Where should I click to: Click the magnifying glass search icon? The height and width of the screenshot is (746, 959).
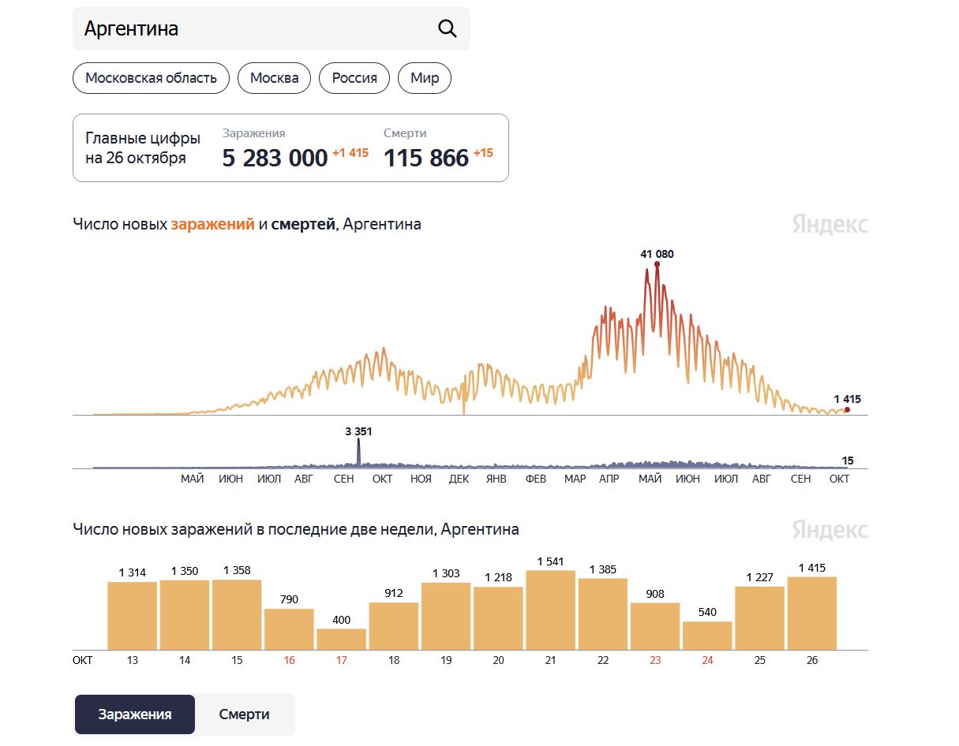pos(447,28)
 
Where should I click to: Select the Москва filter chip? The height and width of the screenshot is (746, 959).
pos(274,78)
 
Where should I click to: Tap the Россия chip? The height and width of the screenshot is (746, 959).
pos(354,78)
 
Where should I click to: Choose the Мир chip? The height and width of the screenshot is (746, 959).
pos(425,78)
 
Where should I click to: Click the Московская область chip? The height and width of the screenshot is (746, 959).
pos(151,78)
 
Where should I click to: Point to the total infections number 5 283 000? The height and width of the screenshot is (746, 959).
pos(275,158)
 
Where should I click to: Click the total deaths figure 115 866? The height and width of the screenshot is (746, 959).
pos(426,158)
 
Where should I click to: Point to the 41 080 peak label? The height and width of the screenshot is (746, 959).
pos(657,254)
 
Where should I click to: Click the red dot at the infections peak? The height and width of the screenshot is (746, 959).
pos(657,264)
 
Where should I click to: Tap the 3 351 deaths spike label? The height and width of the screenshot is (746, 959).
pos(358,431)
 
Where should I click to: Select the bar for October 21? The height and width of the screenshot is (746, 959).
pos(550,610)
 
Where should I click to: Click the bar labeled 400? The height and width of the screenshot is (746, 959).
pos(342,640)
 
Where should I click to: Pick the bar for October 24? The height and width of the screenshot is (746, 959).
pos(707,636)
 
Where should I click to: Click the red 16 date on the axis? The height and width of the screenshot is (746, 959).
pos(289,660)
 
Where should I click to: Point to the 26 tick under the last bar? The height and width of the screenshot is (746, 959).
pos(812,660)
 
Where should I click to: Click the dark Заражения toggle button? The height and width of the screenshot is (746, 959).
pos(135,714)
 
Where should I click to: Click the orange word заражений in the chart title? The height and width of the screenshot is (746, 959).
pos(213,225)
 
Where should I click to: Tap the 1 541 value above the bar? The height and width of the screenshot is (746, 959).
pos(550,561)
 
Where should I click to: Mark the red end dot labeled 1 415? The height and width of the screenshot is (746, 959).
pos(847,409)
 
